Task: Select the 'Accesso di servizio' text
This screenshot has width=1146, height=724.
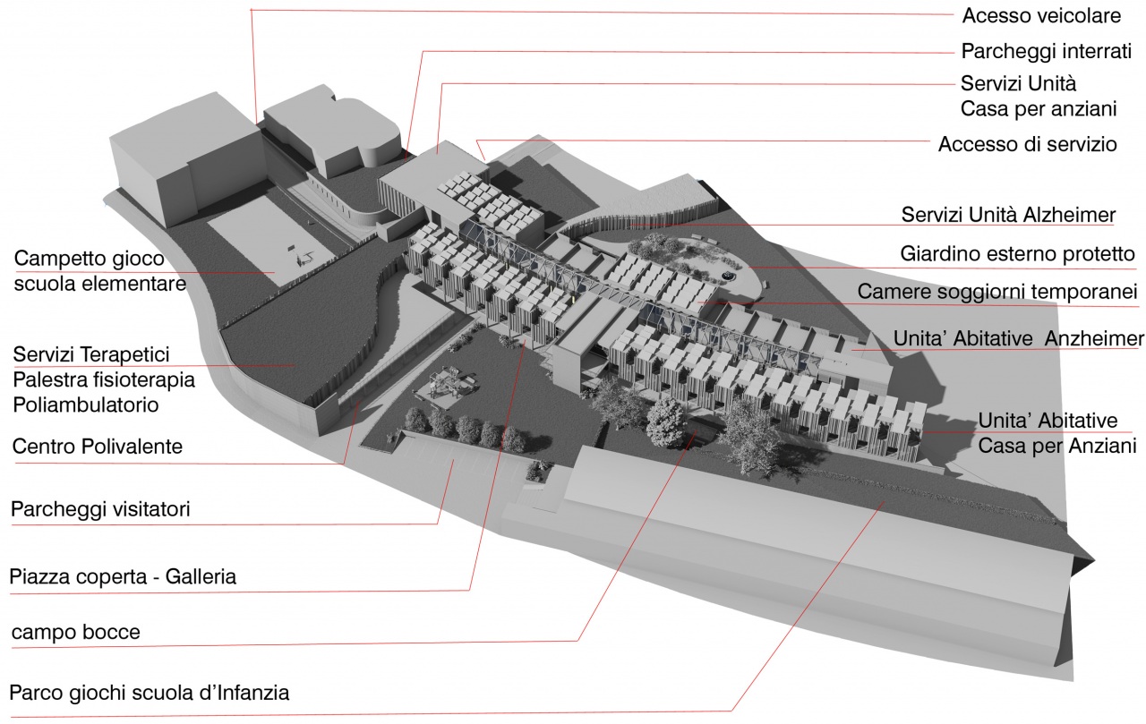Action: coord(1027,144)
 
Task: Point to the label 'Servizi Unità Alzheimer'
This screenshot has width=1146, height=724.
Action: coord(1008,215)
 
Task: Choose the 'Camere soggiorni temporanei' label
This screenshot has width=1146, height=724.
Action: coord(996,293)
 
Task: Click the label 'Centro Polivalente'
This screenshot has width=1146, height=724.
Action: coord(98,447)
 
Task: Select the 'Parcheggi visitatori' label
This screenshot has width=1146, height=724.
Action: coord(100,510)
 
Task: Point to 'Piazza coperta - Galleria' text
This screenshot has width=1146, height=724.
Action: coord(123,576)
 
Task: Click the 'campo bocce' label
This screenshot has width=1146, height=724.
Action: coord(76,633)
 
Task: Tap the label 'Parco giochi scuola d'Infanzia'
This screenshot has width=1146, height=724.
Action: coord(150,693)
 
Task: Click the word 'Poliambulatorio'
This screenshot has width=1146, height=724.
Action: coord(86,405)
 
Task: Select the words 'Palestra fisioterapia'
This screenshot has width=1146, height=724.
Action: coord(104,380)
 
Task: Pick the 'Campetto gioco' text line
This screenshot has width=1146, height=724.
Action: coord(90,260)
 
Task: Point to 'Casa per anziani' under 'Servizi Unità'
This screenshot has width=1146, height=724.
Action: coord(1039,109)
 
